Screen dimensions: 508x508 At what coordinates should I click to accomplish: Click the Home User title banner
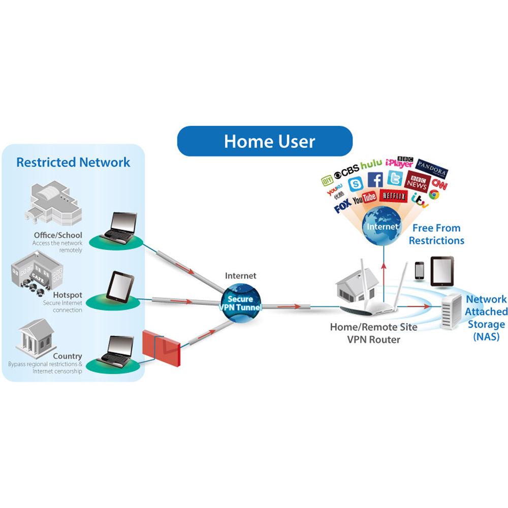pos(265,141)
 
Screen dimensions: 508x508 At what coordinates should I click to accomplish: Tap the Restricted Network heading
pos(73,163)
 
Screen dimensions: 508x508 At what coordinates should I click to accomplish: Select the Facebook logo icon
pos(375,179)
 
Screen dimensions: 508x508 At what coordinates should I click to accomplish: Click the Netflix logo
pos(394,196)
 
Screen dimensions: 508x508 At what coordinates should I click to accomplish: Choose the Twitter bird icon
pos(395,178)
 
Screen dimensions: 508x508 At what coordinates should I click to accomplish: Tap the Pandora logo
pos(432,166)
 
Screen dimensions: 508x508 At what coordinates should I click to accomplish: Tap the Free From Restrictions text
pos(436,234)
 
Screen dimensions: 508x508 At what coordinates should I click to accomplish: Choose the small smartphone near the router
pos(419,270)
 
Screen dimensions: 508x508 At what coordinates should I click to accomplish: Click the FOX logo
pos(342,207)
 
